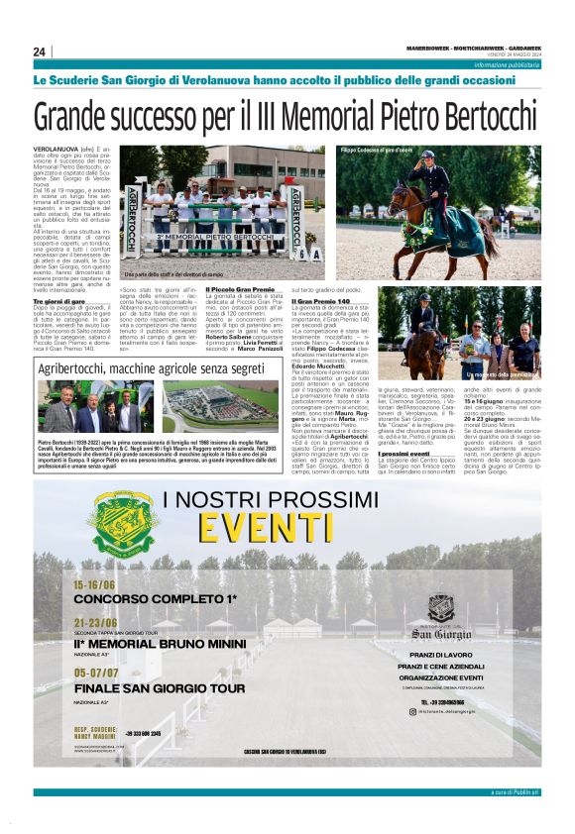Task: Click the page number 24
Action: [x=40, y=52]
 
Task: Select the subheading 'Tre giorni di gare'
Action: [x=59, y=300]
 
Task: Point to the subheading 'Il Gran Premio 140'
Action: [x=321, y=300]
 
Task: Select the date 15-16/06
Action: [x=94, y=585]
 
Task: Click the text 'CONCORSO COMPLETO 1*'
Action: [x=155, y=600]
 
